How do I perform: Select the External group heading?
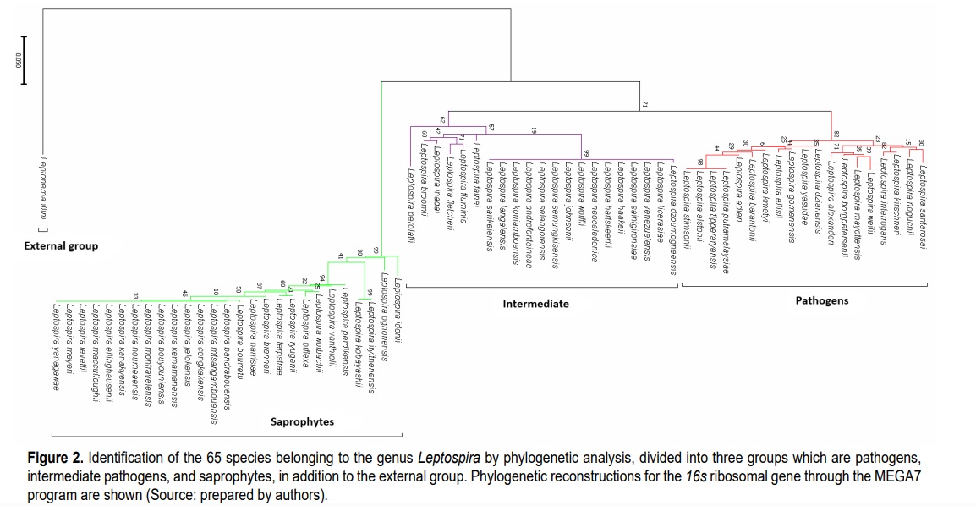[x=61, y=246]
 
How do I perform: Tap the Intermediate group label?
[x=535, y=303]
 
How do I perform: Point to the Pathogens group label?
[x=821, y=300]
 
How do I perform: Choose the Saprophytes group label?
[x=302, y=421]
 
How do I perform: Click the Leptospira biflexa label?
[x=304, y=322]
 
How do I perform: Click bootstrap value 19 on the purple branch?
[x=534, y=130]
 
